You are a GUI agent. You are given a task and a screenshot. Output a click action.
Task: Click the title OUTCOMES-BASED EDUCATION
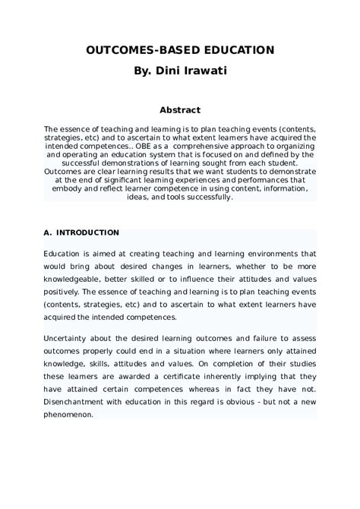pos(179,49)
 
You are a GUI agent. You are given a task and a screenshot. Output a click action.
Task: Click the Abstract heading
pos(179,110)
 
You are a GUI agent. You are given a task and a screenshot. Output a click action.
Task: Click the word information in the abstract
pos(284,188)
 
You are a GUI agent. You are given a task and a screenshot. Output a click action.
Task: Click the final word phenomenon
pos(68,415)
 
